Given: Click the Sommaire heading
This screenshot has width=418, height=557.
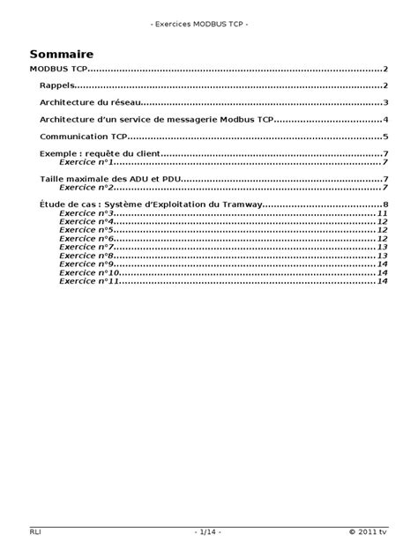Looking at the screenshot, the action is (61, 54).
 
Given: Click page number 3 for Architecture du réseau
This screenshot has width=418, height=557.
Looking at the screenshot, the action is (386, 103).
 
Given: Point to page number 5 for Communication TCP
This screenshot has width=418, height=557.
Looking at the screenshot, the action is (386, 137).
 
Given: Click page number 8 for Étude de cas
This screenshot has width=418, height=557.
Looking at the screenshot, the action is (386, 205).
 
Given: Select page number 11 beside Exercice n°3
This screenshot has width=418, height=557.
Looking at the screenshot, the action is (383, 213).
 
